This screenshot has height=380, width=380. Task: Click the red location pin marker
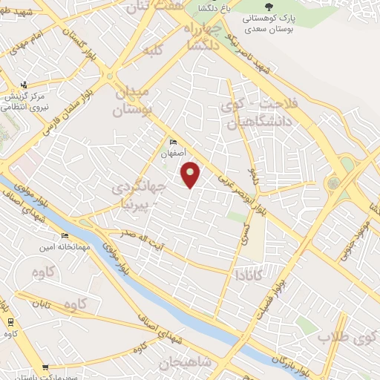pyautogui.click(x=191, y=175)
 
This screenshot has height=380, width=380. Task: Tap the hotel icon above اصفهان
pyautogui.click(x=173, y=142)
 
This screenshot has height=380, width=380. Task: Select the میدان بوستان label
pyautogui.click(x=133, y=102)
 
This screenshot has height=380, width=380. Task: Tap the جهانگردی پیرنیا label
pyautogui.click(x=140, y=194)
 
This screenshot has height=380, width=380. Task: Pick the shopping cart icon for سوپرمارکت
pyautogui.click(x=45, y=367)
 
